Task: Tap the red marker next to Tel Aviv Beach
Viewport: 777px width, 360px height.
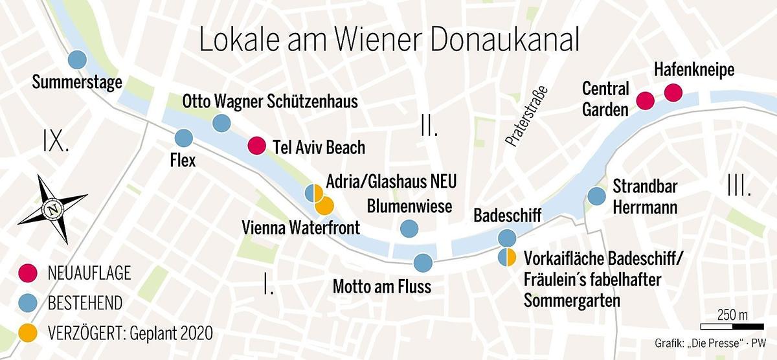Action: click(256, 146)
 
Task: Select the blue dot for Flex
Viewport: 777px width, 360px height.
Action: click(184, 137)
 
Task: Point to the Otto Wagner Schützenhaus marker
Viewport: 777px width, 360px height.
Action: click(221, 122)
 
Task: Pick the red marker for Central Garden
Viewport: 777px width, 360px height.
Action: click(645, 100)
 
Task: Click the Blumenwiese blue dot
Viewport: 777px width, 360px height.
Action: click(409, 228)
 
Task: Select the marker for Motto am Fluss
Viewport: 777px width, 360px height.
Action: click(422, 262)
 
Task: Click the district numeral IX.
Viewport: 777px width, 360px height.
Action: click(56, 141)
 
